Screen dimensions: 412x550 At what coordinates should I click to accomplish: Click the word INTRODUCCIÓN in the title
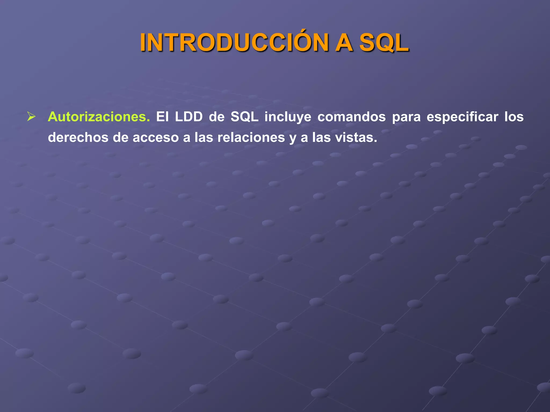(234, 43)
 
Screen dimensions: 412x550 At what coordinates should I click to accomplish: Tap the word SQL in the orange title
(384, 43)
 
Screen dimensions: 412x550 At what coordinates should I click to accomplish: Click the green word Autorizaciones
(99, 117)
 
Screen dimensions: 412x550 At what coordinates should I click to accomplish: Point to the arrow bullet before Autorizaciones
(31, 117)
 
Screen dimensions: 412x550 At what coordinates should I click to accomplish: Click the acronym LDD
(189, 117)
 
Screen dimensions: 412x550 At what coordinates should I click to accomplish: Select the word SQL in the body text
(244, 117)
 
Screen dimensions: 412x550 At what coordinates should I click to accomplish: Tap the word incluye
(288, 117)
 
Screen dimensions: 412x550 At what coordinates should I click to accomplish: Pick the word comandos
(352, 117)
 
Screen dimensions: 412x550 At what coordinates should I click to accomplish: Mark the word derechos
(78, 138)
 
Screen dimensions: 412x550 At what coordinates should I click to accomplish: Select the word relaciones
(251, 138)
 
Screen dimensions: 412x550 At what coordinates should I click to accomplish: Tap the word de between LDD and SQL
(216, 117)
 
